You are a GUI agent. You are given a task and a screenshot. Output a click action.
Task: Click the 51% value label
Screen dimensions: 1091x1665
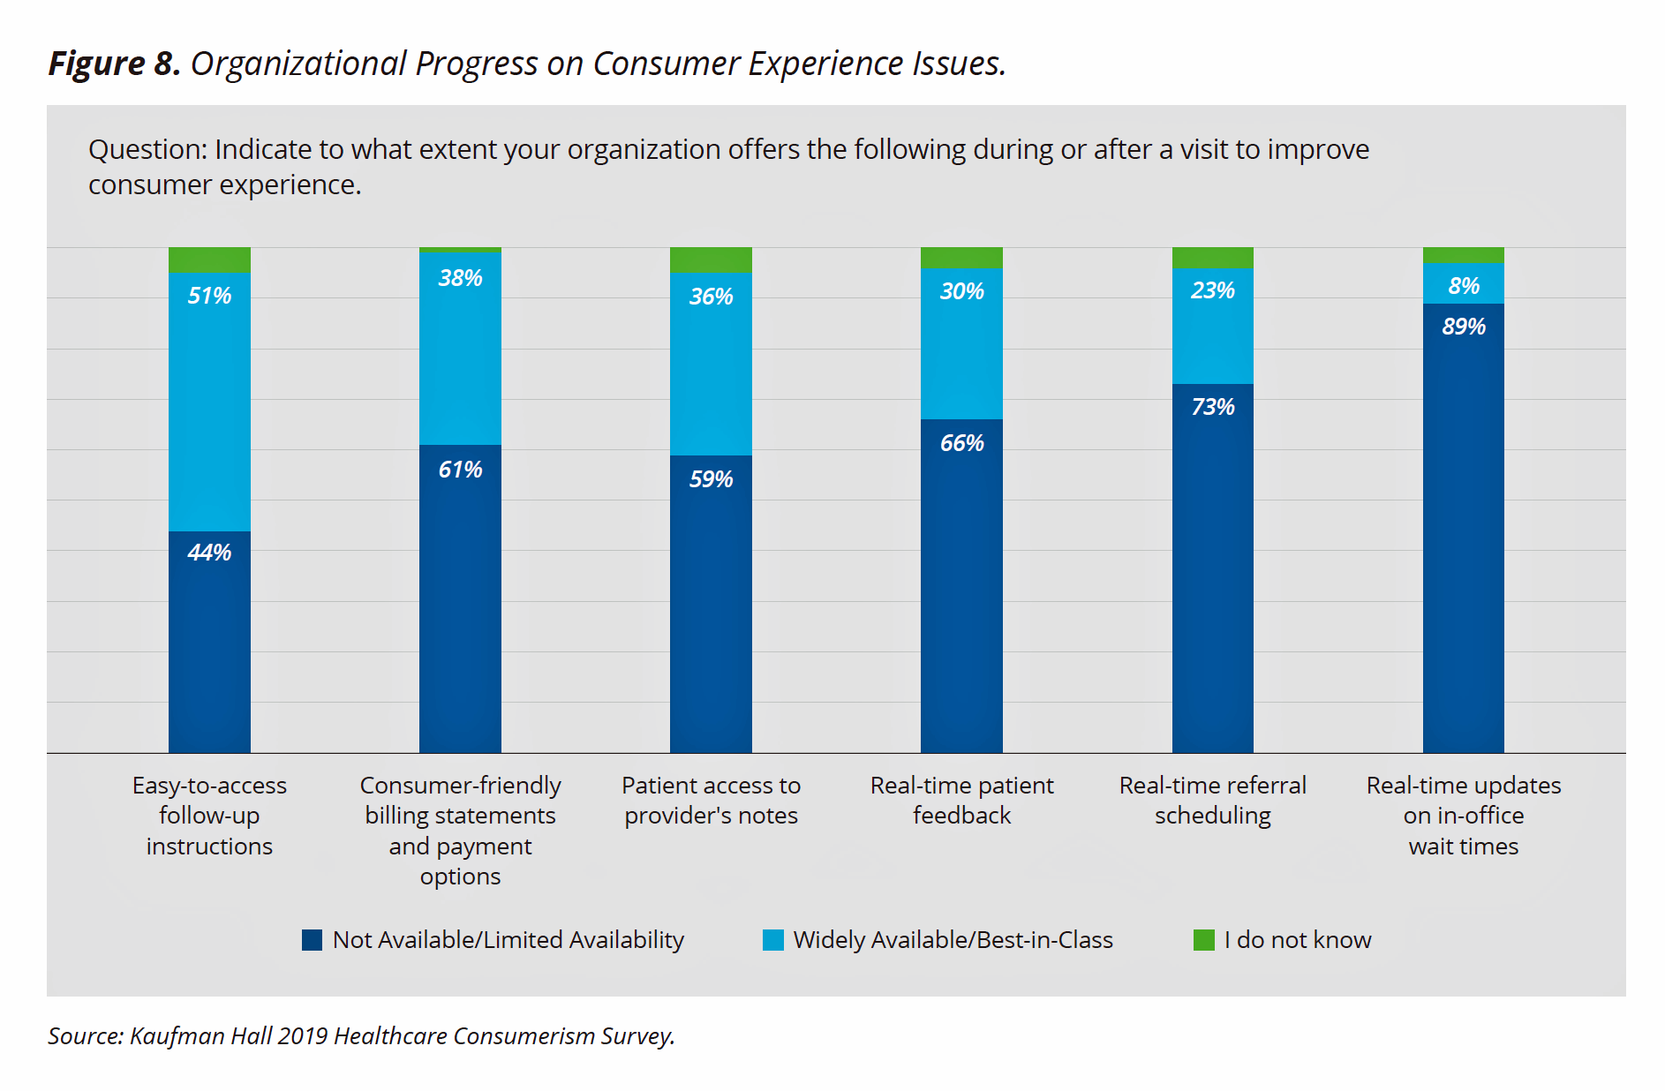209,296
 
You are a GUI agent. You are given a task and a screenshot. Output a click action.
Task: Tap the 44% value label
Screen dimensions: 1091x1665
209,553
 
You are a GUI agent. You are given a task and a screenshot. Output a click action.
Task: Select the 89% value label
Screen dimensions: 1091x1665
1464,327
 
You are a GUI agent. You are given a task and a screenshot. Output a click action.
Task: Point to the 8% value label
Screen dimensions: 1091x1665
1464,286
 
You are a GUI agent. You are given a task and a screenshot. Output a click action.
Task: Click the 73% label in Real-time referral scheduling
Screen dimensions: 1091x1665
1213,407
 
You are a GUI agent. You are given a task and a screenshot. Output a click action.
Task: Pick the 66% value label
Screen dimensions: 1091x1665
961,443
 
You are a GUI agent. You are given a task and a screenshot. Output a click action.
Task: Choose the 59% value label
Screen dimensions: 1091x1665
711,479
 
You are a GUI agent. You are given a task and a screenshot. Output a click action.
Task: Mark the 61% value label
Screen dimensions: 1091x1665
460,470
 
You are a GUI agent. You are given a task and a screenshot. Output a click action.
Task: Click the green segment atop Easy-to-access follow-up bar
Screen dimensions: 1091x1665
209,260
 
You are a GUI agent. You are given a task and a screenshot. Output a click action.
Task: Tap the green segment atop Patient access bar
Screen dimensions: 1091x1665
711,260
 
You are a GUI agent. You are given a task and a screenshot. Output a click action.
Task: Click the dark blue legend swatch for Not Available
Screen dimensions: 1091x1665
312,940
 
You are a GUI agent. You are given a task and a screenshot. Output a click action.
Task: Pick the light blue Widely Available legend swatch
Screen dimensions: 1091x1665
773,940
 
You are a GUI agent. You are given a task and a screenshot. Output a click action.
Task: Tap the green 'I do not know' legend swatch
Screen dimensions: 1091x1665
1203,940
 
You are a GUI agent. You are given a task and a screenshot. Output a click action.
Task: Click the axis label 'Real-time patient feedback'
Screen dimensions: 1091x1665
961,801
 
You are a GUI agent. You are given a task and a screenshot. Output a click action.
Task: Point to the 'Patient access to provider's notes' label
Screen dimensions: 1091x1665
711,801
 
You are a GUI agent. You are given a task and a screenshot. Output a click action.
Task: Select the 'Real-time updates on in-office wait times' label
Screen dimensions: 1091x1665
1464,816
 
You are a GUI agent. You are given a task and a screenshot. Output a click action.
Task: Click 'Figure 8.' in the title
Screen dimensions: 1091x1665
115,64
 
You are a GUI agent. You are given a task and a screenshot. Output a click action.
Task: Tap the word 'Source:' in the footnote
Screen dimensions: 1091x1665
86,1036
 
